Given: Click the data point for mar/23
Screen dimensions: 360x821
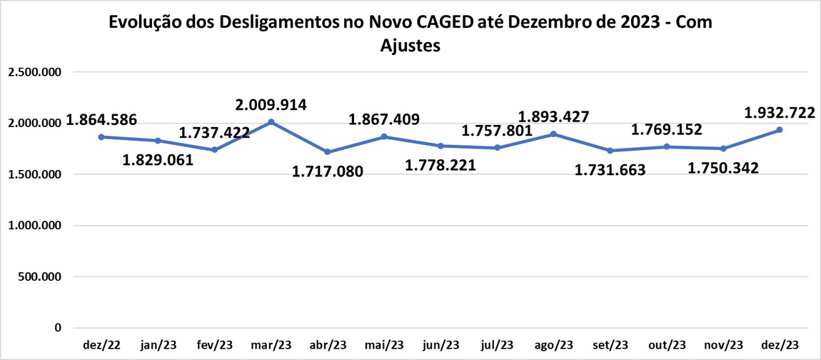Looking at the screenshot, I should tap(271, 122).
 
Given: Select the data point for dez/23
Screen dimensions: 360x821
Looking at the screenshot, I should tap(780, 130).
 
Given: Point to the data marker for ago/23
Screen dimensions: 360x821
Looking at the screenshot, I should tap(553, 134).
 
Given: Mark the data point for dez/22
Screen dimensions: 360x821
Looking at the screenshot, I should tap(101, 136).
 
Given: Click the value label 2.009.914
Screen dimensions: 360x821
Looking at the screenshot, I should tap(271, 105).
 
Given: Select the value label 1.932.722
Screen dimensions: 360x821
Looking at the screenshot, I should tap(780, 112).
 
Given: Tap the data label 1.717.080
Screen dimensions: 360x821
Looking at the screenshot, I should tap(328, 171).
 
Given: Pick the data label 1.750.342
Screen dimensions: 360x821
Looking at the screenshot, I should tap(723, 168).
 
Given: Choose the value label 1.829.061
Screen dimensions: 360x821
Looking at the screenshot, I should tap(158, 159).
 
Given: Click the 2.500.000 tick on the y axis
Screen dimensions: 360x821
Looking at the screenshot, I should tap(34, 72).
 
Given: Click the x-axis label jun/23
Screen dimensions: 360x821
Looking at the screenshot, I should tap(440, 344).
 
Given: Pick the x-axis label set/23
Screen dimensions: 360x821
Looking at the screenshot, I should tap(610, 344).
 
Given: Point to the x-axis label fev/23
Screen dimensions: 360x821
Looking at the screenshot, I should tap(215, 344).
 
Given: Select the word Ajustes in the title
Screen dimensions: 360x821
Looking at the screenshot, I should tap(410, 46).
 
